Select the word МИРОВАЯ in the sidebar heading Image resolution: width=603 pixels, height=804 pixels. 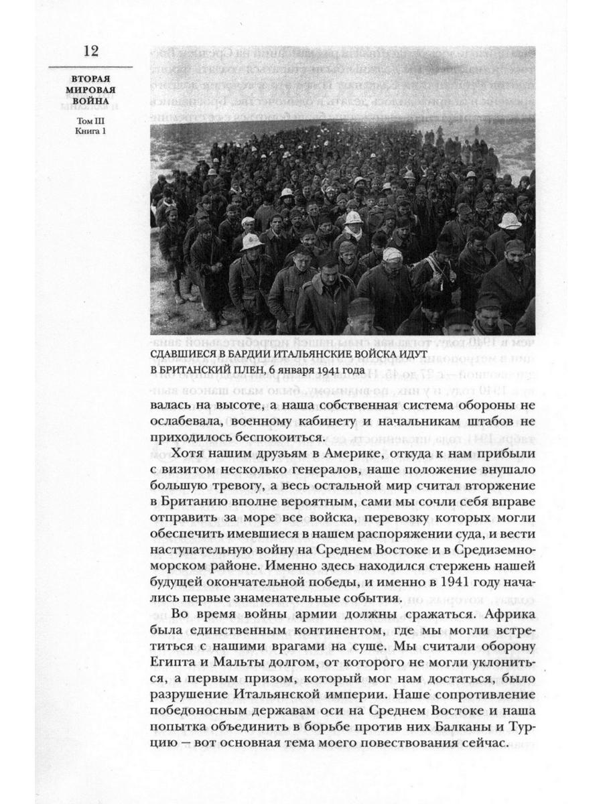91,90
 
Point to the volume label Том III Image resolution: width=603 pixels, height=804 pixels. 91,121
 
